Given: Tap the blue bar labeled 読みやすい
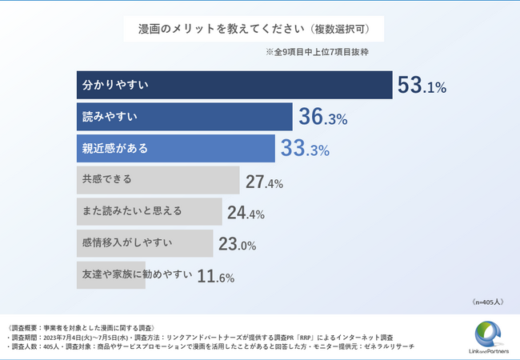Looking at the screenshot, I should point(184,117).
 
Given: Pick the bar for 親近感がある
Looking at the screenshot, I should point(176,148).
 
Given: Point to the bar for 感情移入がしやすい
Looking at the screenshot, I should point(145,242).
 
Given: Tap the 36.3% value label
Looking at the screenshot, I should point(322,118).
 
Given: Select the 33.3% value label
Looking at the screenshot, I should point(306,149).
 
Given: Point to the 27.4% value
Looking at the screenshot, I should point(264,182).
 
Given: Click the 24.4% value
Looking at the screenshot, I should point(246,214).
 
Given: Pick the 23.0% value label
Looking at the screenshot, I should point(236,245).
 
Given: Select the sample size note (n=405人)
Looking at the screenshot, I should point(486,302).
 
